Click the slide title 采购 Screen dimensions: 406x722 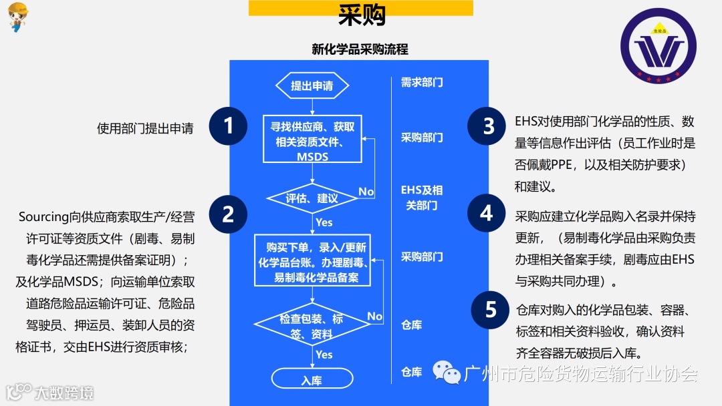coord(361,15)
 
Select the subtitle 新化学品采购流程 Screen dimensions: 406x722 coord(360,49)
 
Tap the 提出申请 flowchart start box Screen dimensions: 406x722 coord(312,85)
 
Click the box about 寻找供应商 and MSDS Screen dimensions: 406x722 coord(312,138)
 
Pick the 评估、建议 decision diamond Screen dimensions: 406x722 coord(312,198)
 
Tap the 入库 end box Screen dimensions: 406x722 coord(312,379)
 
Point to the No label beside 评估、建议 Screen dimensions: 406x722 coord(366,192)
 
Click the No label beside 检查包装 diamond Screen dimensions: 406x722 coord(374,316)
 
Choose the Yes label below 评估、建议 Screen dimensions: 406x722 coord(324,222)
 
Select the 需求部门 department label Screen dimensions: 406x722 coord(422,83)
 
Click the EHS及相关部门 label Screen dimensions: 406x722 coord(422,198)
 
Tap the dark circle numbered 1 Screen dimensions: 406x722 coord(229,126)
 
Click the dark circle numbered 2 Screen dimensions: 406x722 coord(229,214)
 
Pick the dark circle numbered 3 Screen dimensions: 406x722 coord(488,126)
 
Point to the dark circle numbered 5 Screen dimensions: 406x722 coord(491,310)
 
